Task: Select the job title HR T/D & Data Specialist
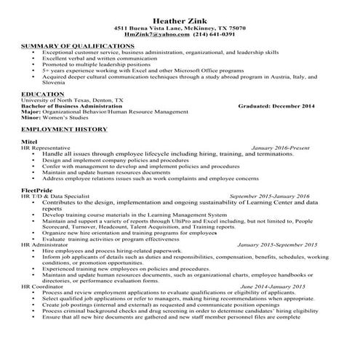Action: pyautogui.click(x=55, y=196)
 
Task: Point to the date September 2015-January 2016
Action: pyautogui.click(x=268, y=196)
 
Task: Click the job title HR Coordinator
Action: pyautogui.click(x=41, y=287)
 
